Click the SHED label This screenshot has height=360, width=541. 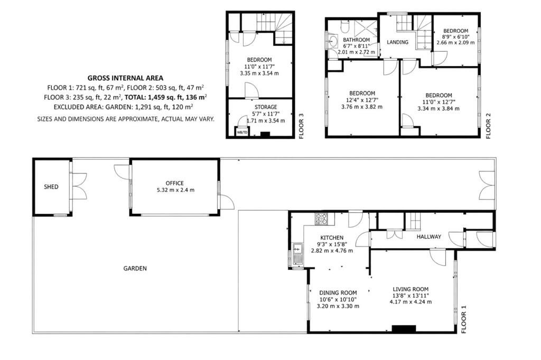pos(51,187)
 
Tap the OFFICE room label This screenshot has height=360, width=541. pos(174,183)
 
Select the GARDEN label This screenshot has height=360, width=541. pos(135,268)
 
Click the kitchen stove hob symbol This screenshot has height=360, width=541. pos(321,219)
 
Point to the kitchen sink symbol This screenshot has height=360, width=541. pos(297,253)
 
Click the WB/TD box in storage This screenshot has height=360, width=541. pos(242,132)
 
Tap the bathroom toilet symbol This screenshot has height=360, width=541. pos(344,26)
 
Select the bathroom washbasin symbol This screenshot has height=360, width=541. pos(333,41)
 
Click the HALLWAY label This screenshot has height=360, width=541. pos(428,236)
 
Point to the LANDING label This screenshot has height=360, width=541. pos(397,42)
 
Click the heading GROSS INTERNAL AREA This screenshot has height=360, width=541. pos(125,78)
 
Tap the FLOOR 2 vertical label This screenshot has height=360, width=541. pos(488,126)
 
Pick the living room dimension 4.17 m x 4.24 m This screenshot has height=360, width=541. pos(411,302)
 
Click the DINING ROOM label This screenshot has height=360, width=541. pos(338,293)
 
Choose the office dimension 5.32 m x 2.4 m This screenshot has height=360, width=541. pos(175,190)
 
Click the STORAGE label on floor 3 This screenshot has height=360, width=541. pos(266,107)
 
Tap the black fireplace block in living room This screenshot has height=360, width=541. pos(404,329)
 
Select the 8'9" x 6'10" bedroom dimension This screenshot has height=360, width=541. pos(455,37)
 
